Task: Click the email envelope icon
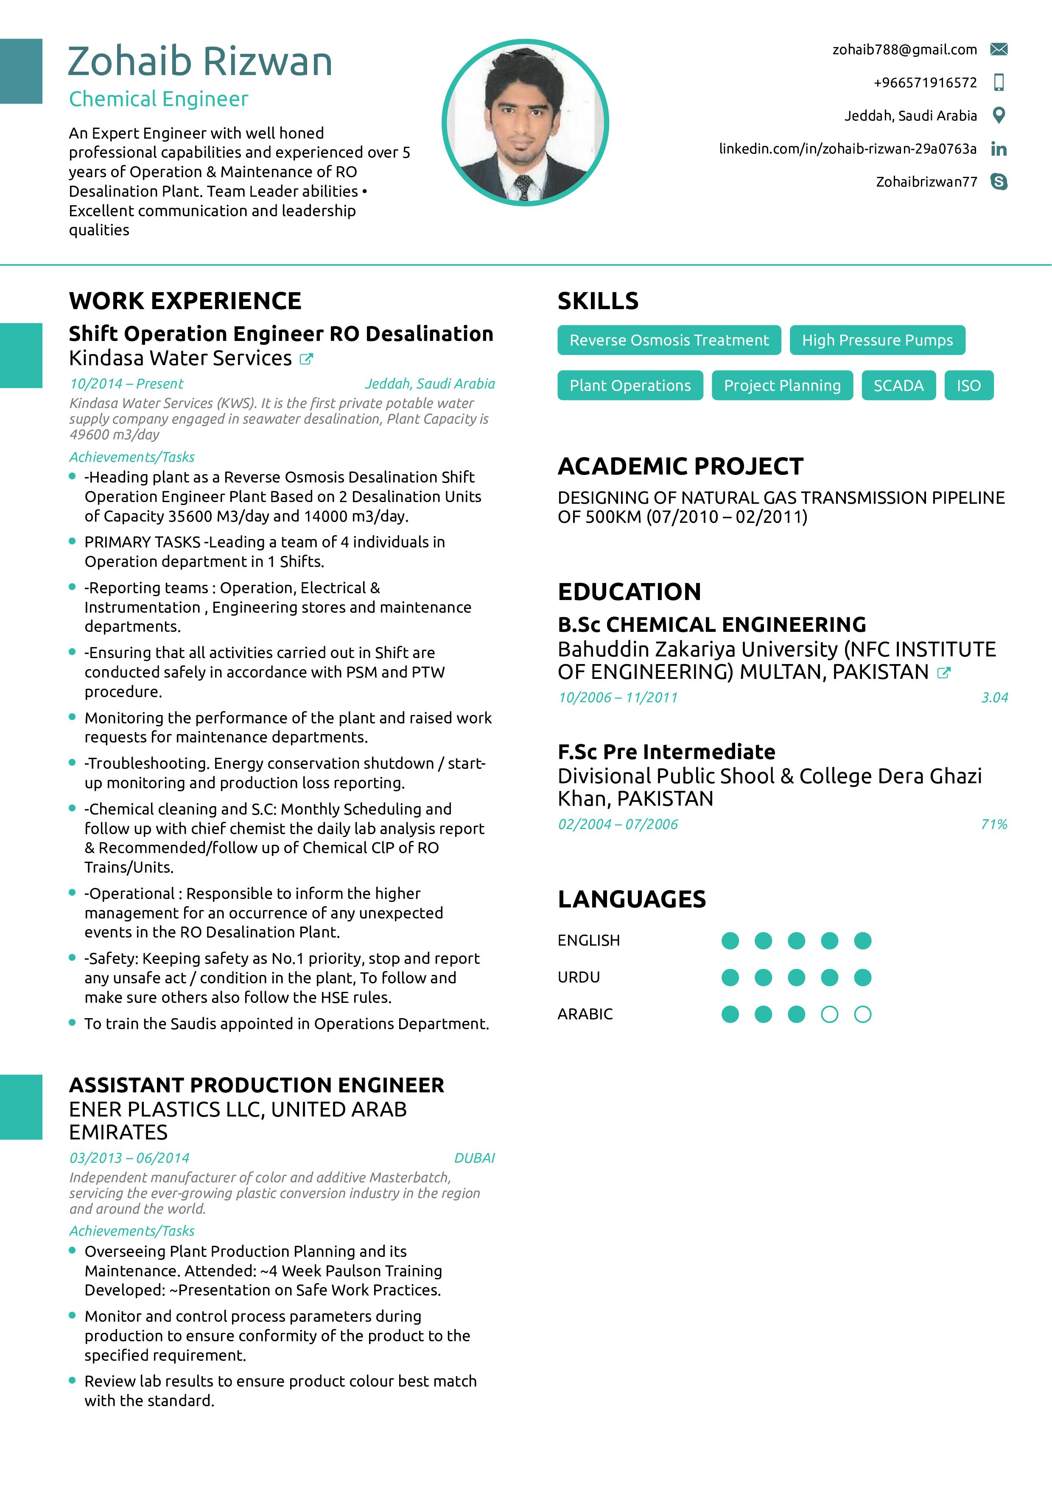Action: tap(999, 49)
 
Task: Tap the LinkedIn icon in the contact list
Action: tap(999, 149)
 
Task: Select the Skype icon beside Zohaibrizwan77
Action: tap(999, 182)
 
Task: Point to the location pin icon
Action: tap(999, 115)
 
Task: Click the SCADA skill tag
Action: tap(898, 385)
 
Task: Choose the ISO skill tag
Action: tap(968, 385)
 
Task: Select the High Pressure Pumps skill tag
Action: tap(877, 340)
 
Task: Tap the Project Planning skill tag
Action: tap(782, 385)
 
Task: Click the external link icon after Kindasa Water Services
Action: tap(306, 359)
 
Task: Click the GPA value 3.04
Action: tap(994, 697)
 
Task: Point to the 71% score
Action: tap(993, 824)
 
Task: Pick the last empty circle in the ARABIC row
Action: tap(862, 1014)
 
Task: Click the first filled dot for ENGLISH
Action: tap(730, 941)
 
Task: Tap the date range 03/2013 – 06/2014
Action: tap(130, 1158)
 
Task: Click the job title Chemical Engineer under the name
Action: tap(159, 99)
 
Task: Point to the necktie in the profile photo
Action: tap(523, 187)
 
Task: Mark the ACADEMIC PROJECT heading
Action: tap(680, 466)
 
